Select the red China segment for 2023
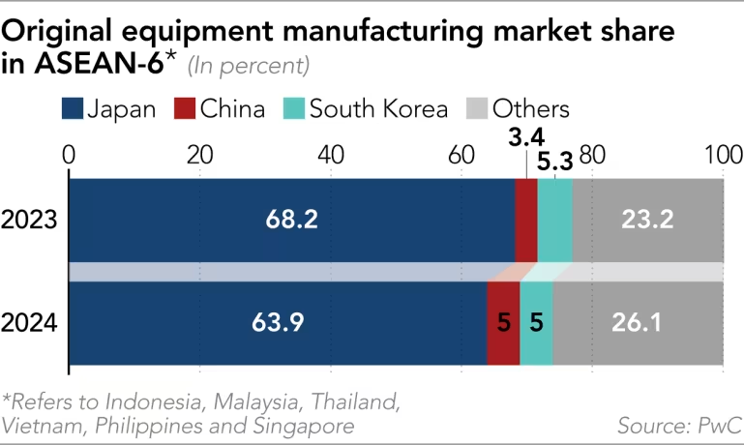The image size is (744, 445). [525, 221]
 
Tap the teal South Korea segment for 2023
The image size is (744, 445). [554, 221]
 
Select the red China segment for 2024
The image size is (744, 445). [503, 323]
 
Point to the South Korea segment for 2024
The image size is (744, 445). [536, 323]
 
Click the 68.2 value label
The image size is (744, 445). [291, 221]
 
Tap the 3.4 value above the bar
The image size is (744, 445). [525, 136]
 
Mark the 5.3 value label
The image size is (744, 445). [554, 162]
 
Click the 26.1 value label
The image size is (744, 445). [636, 323]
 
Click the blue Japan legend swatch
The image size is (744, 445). [72, 108]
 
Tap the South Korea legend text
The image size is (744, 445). [378, 108]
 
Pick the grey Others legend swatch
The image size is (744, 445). [476, 108]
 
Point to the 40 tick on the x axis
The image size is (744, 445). [330, 154]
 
